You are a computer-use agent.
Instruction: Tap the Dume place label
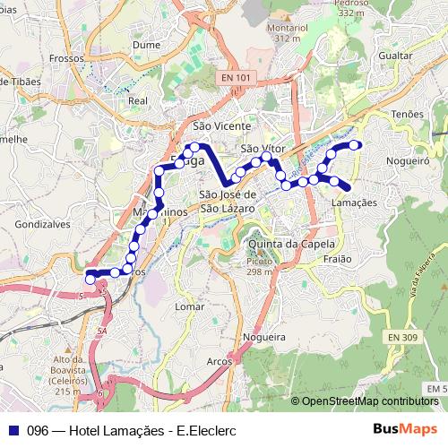coord(145,43)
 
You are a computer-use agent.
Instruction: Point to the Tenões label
coord(407,115)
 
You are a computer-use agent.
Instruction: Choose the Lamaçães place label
coord(354,202)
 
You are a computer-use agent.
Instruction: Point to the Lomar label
coord(190,306)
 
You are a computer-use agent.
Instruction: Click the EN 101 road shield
coord(234,79)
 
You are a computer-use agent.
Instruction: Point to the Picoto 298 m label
coord(259,266)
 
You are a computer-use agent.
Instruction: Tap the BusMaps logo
coord(405,429)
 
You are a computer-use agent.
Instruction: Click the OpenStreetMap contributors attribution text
coord(368,401)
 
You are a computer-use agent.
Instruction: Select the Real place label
coord(137,101)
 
